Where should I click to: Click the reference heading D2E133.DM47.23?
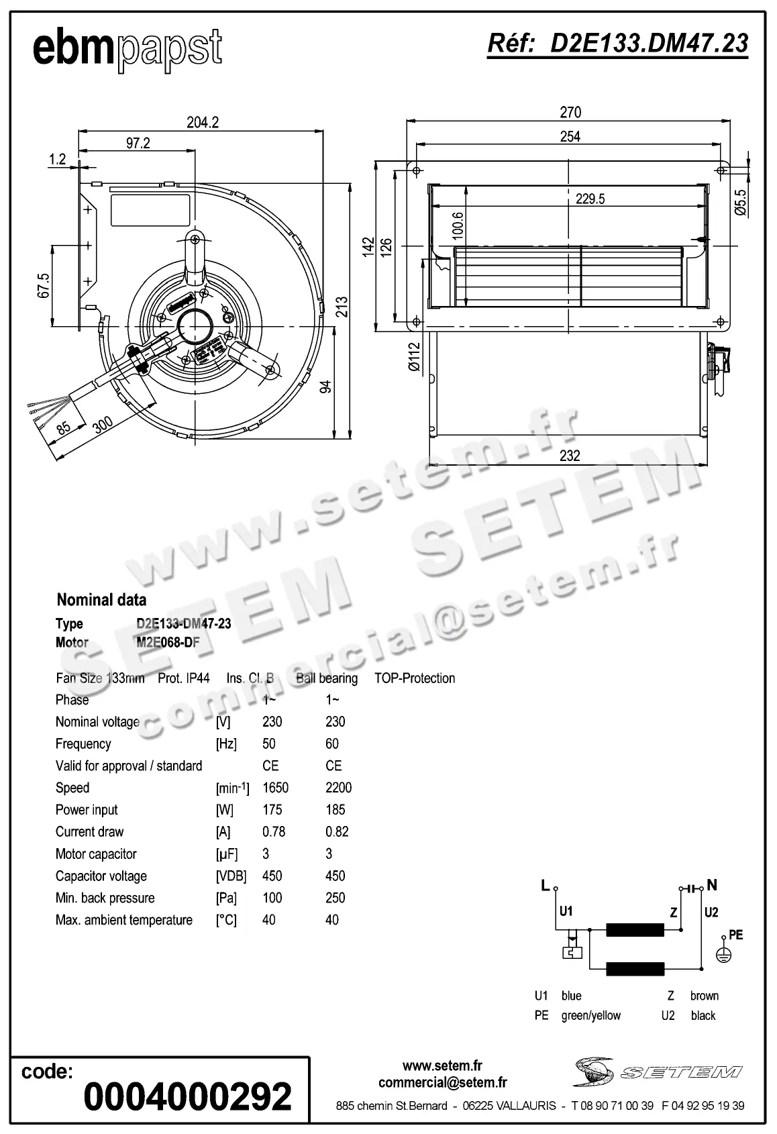point(617,43)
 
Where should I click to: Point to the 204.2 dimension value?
point(202,123)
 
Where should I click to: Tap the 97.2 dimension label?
point(138,143)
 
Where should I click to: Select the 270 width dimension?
point(570,113)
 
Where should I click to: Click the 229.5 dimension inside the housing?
point(590,199)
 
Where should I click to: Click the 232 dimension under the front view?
point(569,456)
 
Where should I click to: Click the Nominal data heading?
point(101,600)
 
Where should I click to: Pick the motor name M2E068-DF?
point(168,643)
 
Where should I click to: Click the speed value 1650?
point(275,788)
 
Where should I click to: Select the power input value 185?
point(335,810)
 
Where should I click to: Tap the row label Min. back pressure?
point(105,898)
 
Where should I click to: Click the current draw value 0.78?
point(274,832)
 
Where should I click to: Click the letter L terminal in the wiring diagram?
point(546,886)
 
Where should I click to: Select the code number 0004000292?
point(187,1096)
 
